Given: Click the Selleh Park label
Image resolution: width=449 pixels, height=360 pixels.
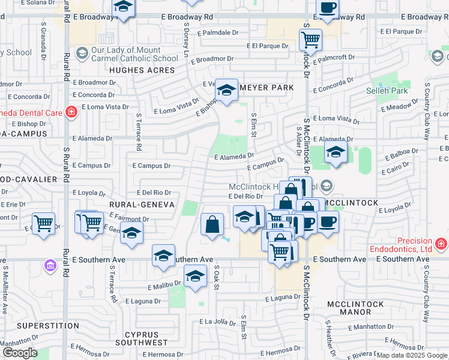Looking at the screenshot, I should pyautogui.click(x=387, y=91).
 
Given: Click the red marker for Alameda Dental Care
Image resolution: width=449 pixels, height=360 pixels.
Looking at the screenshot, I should pyautogui.click(x=71, y=112).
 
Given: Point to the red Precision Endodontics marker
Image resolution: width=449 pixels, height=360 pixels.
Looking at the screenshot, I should pyautogui.click(x=441, y=244).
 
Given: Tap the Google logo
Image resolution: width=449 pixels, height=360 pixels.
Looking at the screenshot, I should pyautogui.click(x=20, y=353).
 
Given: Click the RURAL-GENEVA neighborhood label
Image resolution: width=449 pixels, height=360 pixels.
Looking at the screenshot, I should pyautogui.click(x=141, y=205).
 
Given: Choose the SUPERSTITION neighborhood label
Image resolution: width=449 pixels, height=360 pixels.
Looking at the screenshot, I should pyautogui.click(x=48, y=325).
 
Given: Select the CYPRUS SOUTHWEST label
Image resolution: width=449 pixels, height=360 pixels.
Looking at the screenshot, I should pyautogui.click(x=146, y=338).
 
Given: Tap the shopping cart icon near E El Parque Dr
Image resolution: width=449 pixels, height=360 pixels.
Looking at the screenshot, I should pyautogui.click(x=310, y=40).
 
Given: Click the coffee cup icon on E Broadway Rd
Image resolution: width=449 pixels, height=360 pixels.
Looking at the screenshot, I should pyautogui.click(x=327, y=8).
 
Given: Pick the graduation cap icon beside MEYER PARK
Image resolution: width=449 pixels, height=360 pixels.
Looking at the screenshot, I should pyautogui.click(x=226, y=91).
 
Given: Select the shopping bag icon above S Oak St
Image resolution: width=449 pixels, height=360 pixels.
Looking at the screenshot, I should pyautogui.click(x=212, y=225).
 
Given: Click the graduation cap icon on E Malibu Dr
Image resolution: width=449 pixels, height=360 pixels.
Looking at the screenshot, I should pyautogui.click(x=194, y=277).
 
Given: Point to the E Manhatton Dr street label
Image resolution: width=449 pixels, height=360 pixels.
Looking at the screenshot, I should pyautogui.click(x=373, y=327).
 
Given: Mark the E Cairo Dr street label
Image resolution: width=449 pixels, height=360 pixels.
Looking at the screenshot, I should pyautogui.click(x=396, y=171).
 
